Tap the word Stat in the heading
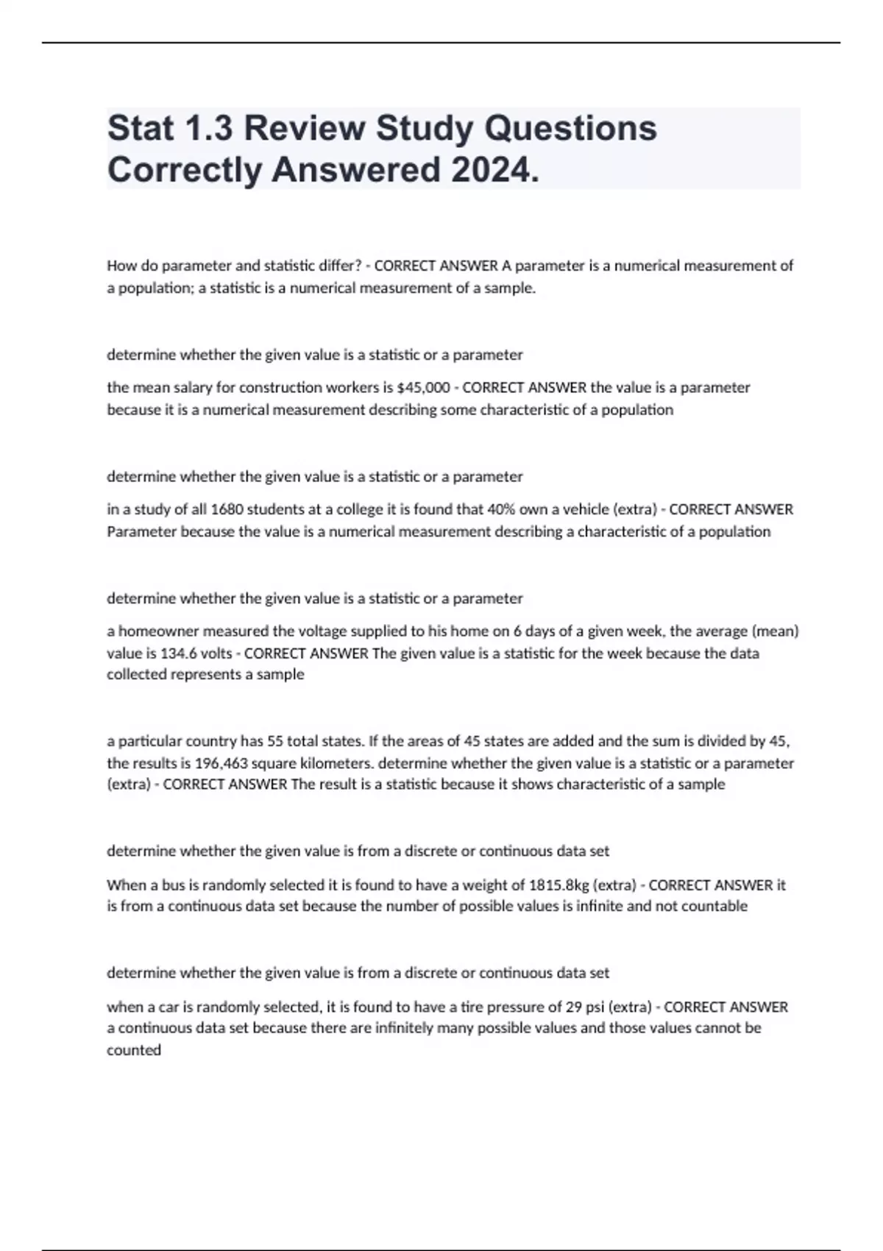(141, 128)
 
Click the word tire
(470, 1006)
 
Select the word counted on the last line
(134, 1050)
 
